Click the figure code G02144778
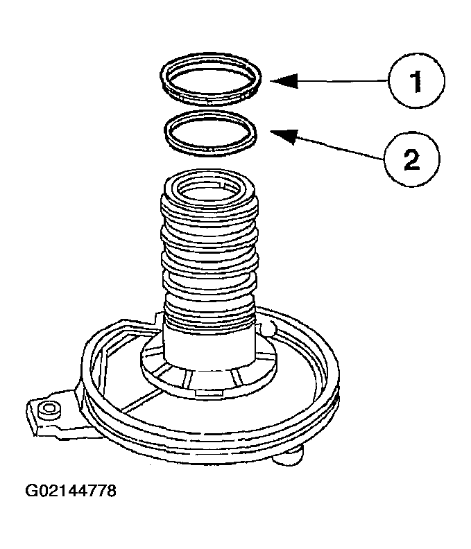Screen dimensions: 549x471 tap(71, 491)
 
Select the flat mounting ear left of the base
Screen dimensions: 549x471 tap(52, 416)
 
